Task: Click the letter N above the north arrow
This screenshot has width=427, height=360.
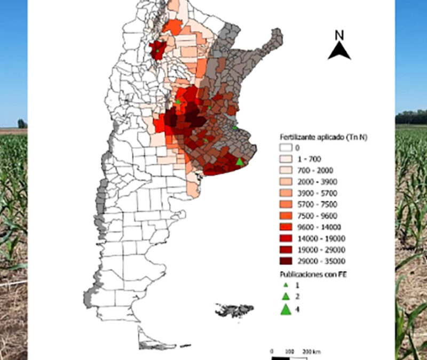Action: (x=338, y=35)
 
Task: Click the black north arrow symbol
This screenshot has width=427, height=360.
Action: (x=339, y=51)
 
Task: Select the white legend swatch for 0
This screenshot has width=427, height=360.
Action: (x=286, y=148)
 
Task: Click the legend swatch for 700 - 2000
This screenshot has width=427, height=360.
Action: (x=286, y=170)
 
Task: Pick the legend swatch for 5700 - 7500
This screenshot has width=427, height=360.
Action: (x=286, y=204)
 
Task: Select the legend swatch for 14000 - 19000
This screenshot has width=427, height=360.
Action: (x=286, y=238)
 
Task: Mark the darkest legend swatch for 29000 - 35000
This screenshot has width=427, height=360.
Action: (x=286, y=261)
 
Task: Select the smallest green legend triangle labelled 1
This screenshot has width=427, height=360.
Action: (x=286, y=285)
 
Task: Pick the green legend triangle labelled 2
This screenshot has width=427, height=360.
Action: (x=286, y=297)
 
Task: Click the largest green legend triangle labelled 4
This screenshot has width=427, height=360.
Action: (x=286, y=309)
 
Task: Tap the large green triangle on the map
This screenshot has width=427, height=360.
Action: (x=240, y=161)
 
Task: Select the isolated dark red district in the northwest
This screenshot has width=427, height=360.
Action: (x=157, y=50)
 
